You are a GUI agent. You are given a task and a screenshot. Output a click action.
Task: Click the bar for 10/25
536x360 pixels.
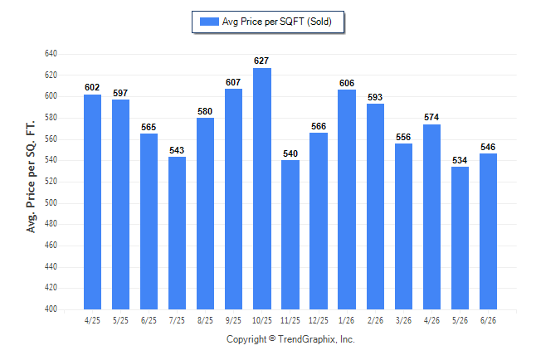262,188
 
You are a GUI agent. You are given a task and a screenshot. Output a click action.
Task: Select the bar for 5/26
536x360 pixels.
460,238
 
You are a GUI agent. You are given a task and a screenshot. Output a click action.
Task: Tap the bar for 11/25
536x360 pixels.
290,235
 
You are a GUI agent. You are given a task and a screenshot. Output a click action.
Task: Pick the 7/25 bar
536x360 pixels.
177,233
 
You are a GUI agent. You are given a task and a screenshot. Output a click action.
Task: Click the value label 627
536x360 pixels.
261,61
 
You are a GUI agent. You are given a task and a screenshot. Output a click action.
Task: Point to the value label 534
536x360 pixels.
460,160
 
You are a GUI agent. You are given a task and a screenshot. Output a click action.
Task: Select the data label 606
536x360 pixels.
347,83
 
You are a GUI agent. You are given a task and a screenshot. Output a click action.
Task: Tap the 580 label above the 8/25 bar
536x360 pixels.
205,111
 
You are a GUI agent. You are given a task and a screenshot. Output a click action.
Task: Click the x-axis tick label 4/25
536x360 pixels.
92,320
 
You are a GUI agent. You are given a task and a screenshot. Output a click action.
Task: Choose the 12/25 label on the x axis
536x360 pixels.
319,320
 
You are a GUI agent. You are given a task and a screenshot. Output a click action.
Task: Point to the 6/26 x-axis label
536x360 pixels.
488,320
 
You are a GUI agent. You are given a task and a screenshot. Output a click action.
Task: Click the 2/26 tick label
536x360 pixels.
375,320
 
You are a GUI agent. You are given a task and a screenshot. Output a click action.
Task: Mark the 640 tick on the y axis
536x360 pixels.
51,54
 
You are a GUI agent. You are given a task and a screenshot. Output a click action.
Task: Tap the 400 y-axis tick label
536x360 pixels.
51,309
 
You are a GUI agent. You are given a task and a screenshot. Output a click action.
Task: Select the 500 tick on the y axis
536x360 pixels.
51,202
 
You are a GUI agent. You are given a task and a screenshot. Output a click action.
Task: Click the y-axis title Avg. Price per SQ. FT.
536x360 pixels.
31,177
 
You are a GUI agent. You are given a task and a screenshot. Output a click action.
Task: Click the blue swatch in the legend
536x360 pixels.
209,22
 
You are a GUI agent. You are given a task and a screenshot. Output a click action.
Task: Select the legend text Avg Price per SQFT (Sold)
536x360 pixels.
277,22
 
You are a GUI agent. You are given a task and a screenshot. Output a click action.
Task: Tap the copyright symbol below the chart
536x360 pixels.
272,338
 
